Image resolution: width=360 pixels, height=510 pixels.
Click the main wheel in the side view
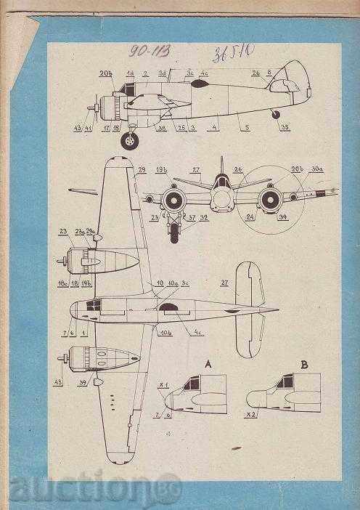131,139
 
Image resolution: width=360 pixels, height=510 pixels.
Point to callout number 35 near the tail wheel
285,127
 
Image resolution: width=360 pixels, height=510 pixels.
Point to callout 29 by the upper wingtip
141,169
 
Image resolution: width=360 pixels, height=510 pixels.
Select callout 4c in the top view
198,333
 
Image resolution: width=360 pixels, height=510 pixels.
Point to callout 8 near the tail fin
269,73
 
